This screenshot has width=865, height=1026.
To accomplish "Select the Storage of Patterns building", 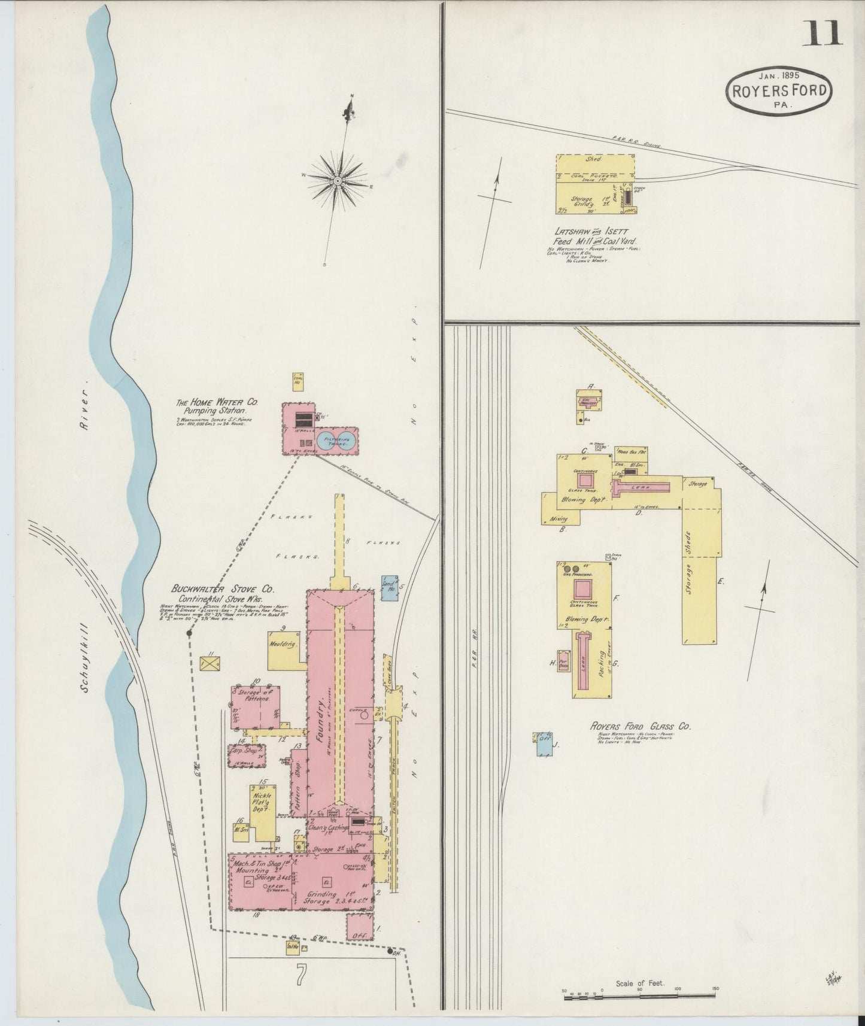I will coord(256,707).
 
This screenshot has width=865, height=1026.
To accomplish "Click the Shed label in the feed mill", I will coord(594,160).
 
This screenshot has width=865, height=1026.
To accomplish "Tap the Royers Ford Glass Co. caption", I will coord(640,726).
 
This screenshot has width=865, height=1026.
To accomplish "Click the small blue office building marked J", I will coord(544,738).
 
